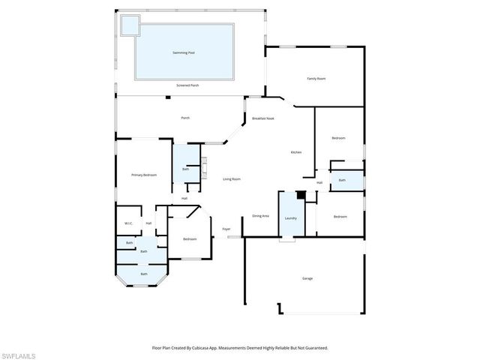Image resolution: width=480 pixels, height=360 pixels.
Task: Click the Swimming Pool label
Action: [184, 52]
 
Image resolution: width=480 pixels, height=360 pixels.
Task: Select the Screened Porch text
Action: [187, 85]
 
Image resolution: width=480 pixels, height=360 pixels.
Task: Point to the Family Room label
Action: [316, 78]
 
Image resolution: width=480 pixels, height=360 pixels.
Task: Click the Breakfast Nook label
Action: [263, 119]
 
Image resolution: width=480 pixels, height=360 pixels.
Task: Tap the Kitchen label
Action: [296, 152]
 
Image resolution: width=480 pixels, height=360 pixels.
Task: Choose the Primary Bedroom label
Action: [144, 175]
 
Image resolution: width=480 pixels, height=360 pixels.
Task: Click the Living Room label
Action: [231, 178]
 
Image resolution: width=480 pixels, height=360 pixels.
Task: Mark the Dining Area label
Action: [260, 216]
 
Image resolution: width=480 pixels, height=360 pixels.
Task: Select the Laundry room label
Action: [290, 218]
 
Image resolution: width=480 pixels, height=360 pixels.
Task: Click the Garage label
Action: [307, 278]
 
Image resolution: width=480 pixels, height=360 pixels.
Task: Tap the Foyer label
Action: [226, 229]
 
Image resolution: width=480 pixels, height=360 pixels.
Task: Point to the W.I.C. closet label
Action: [128, 223]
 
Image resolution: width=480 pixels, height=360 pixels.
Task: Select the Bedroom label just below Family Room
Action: [339, 138]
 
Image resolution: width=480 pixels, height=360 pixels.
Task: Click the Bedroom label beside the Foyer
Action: [190, 239]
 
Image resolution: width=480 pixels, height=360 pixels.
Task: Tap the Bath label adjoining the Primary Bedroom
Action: [185, 169]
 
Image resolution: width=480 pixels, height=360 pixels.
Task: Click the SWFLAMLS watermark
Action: [18, 354]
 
